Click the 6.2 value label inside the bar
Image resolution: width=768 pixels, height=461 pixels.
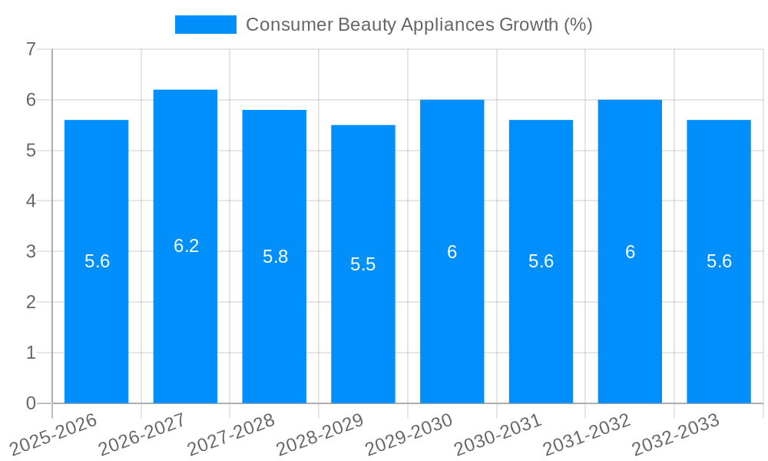186,246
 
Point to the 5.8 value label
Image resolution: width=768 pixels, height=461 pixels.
275,257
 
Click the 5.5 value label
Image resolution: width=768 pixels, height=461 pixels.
363,264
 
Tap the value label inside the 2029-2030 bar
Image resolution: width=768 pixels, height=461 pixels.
452,252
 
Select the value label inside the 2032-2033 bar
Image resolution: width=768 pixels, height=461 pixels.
719,261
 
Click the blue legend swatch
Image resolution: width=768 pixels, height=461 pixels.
205,25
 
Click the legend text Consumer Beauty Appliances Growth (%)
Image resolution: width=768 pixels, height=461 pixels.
419,25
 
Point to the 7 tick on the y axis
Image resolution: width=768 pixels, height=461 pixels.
31,50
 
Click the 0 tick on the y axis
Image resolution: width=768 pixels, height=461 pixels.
31,403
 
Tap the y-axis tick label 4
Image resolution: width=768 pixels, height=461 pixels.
31,201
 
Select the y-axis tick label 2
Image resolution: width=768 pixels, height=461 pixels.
31,303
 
